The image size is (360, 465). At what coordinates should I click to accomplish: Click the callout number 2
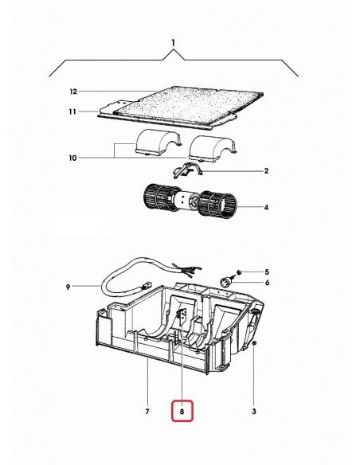(266, 170)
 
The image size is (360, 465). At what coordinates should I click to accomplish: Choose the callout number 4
(266, 209)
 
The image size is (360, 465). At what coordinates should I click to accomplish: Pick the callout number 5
(267, 272)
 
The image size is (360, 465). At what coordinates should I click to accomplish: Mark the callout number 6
(267, 283)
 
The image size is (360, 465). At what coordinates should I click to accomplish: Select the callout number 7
(147, 412)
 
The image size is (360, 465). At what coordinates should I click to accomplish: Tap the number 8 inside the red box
(182, 412)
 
